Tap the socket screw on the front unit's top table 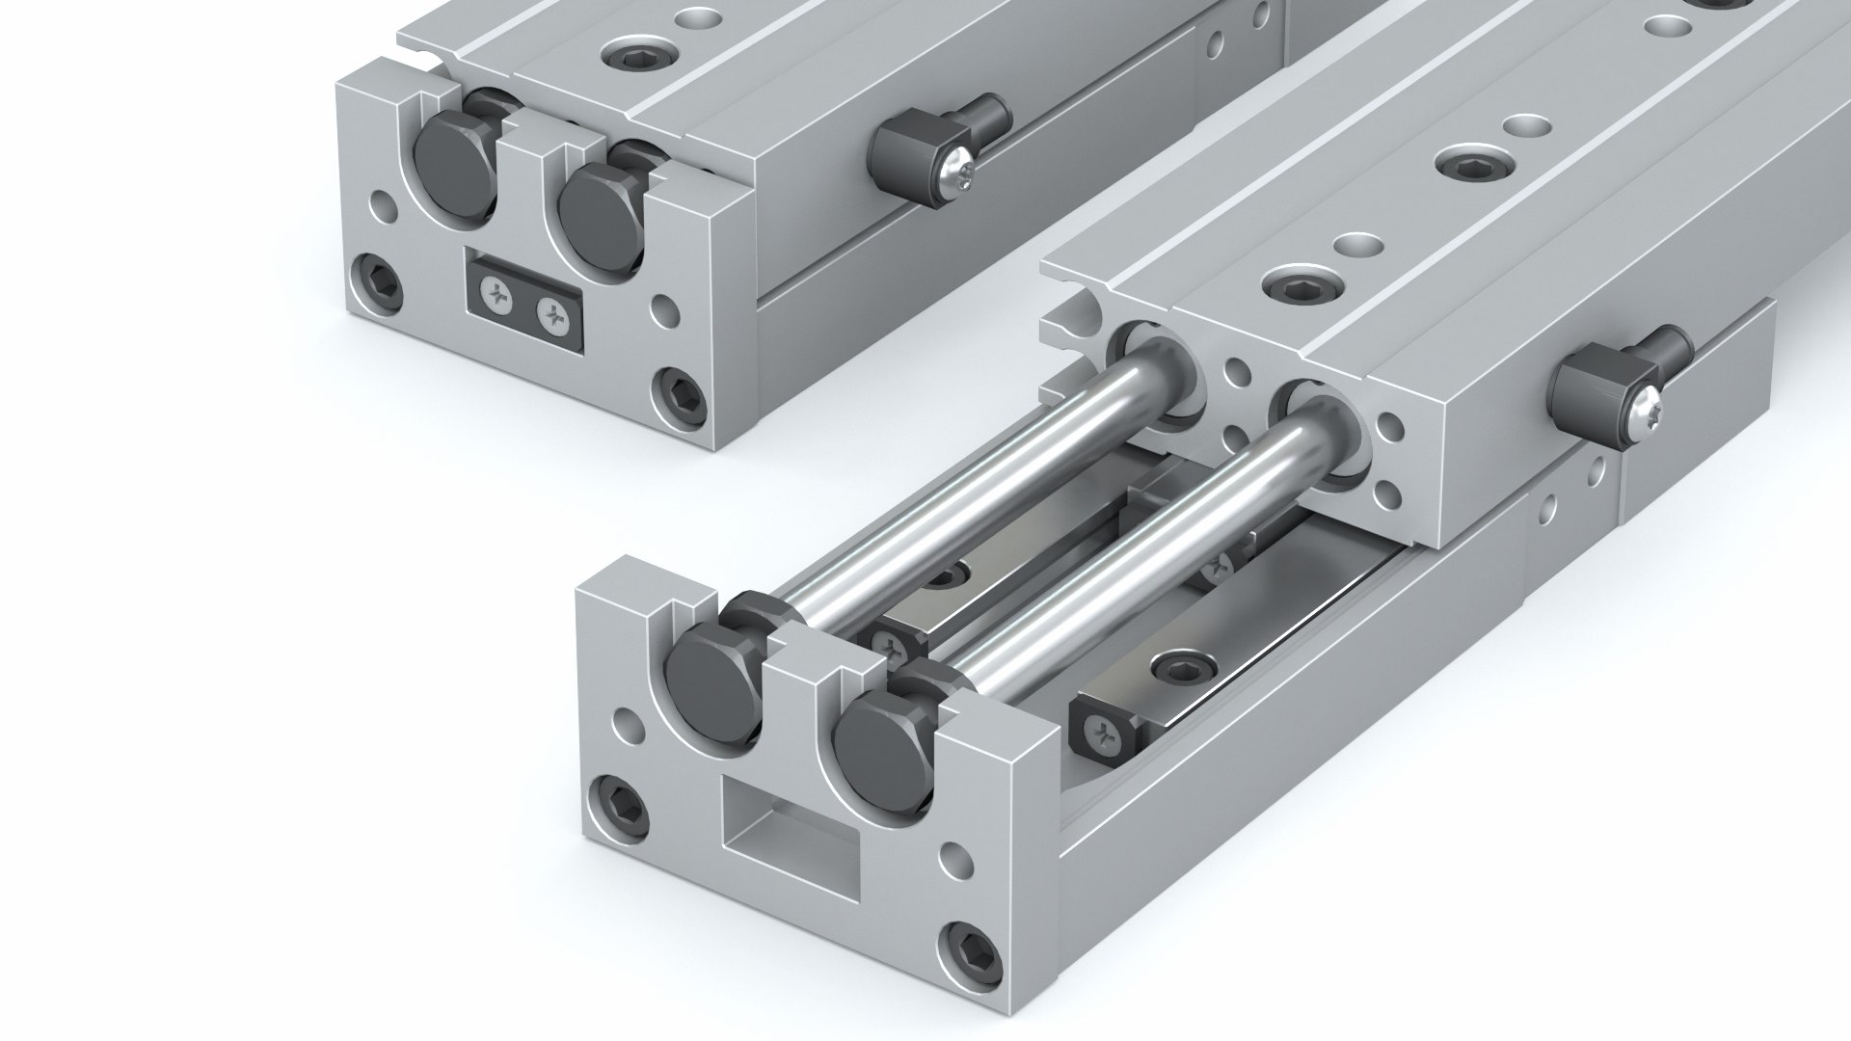1291,285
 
